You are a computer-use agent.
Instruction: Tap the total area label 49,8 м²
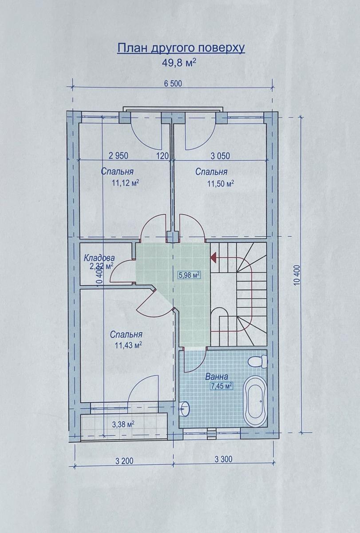179,63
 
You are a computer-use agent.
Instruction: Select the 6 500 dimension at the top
173,84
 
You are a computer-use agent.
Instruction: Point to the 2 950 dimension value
118,156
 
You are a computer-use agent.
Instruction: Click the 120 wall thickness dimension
162,156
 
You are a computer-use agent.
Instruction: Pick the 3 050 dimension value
221,156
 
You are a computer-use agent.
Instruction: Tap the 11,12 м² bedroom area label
125,183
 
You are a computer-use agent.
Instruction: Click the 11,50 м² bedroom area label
221,183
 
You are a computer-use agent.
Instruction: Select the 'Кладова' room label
99,258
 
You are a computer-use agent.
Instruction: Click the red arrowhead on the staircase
213,257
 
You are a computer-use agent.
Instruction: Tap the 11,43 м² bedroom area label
129,345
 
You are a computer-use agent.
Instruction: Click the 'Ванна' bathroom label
216,377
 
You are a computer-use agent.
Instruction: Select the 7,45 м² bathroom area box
221,386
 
